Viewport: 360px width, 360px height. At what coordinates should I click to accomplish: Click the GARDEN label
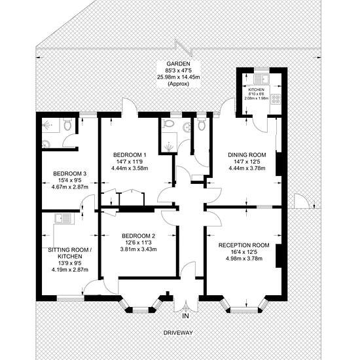178,64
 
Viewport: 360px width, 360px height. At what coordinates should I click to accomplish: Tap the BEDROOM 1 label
130,154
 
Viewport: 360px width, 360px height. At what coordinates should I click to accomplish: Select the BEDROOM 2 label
139,236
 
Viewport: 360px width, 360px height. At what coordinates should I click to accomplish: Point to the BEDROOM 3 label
70,173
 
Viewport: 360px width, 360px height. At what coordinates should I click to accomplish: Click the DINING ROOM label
247,155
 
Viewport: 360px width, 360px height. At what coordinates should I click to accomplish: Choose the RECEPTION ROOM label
244,245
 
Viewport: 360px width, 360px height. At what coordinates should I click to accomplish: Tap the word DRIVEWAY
178,333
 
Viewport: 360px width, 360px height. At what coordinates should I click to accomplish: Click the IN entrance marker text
185,316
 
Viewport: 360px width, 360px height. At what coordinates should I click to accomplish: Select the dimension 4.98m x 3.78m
244,259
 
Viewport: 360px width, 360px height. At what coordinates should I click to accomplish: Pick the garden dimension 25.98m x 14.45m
179,77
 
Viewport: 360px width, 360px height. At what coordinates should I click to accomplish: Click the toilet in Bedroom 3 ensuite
67,124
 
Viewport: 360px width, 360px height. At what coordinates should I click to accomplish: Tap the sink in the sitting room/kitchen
63,219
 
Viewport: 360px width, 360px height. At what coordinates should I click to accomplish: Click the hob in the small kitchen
276,99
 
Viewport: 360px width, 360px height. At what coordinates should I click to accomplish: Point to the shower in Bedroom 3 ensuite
51,126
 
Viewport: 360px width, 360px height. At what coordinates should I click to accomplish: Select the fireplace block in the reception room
278,256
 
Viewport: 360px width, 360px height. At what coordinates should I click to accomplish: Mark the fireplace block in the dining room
278,164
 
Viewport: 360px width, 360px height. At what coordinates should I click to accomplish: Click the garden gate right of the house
302,201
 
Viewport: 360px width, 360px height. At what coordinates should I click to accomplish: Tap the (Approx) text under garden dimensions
179,84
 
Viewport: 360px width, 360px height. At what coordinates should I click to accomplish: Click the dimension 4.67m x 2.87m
70,187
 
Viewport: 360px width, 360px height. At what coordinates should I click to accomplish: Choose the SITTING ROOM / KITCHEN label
70,253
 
